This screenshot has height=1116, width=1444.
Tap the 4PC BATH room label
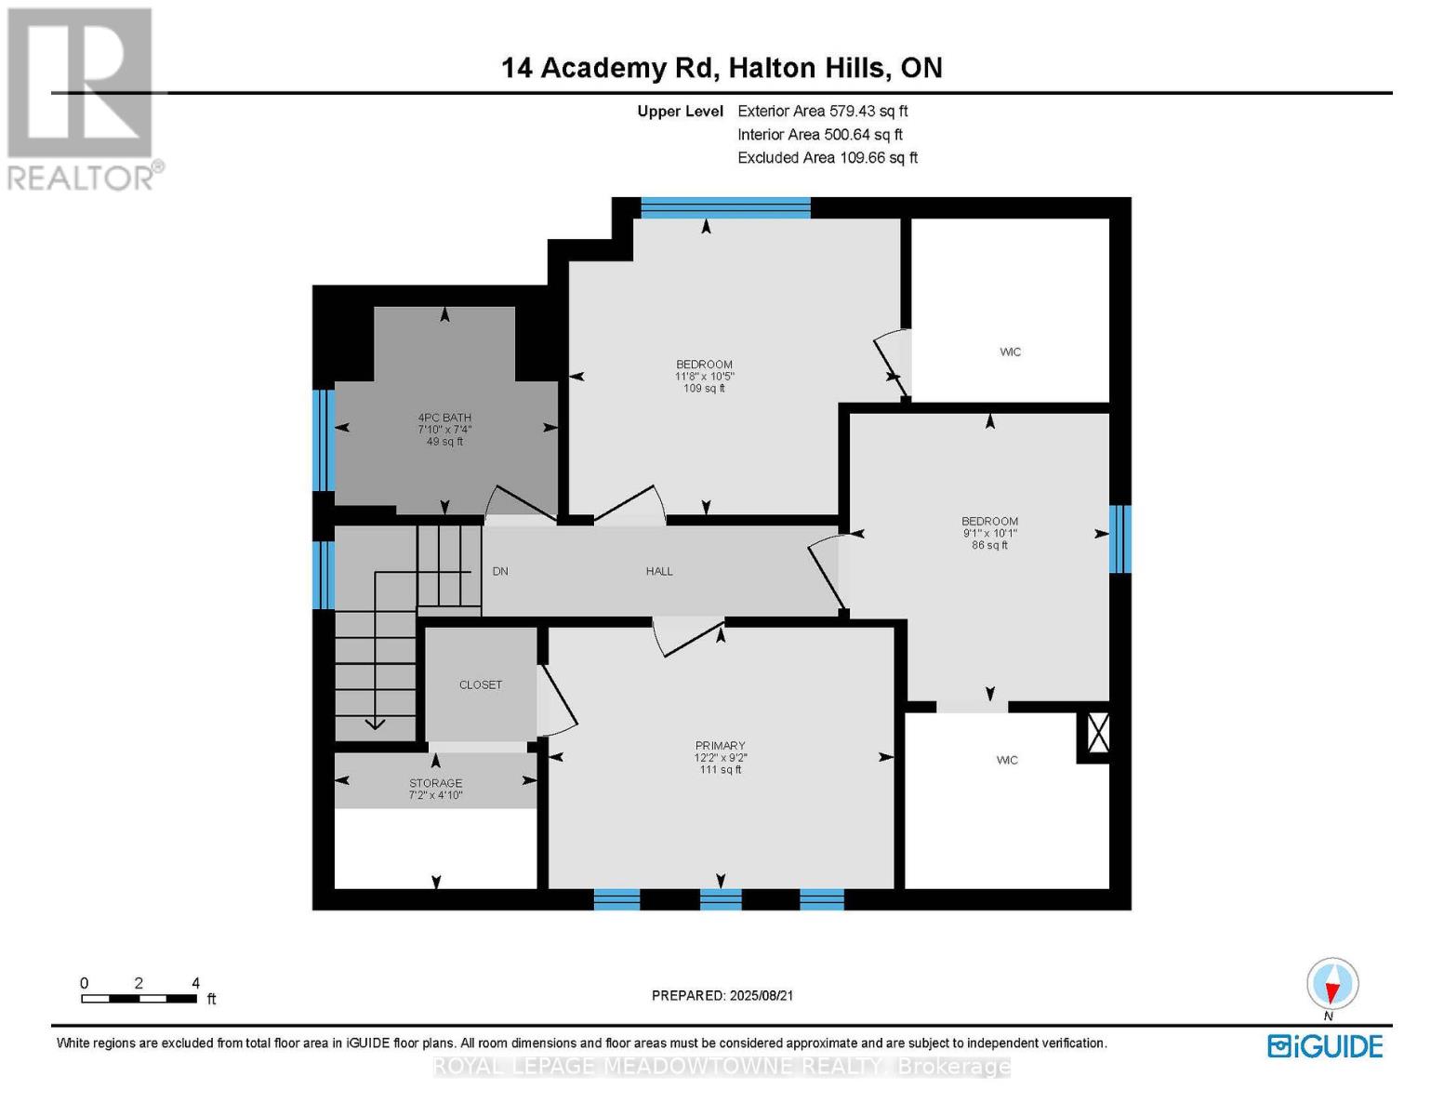pos(444,418)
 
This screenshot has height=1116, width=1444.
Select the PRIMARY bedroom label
pos(720,746)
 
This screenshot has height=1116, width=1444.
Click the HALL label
pos(659,571)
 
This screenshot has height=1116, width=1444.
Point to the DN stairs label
pos(500,571)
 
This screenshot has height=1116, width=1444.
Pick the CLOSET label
pos(481,684)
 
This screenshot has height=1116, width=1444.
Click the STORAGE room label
pos(435,783)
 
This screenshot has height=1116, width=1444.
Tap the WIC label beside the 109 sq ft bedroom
pos(1010,352)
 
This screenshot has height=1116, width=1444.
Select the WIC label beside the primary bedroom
pos(1007,760)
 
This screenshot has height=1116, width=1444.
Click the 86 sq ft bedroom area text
pos(989,545)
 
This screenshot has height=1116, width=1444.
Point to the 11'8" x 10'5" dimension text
pos(704,377)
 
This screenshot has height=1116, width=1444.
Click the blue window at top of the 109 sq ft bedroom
pos(725,208)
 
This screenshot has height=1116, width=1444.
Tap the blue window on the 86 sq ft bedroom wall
pos(1120,538)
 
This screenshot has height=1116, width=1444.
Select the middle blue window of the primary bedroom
pos(721,899)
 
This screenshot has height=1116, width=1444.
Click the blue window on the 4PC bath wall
pos(323,440)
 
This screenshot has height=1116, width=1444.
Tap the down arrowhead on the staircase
pos(376,723)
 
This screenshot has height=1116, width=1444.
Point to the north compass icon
pos(1332,985)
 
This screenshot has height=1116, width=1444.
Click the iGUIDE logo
pos(1325,1046)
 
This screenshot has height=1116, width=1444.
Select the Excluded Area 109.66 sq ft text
pos(827,158)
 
